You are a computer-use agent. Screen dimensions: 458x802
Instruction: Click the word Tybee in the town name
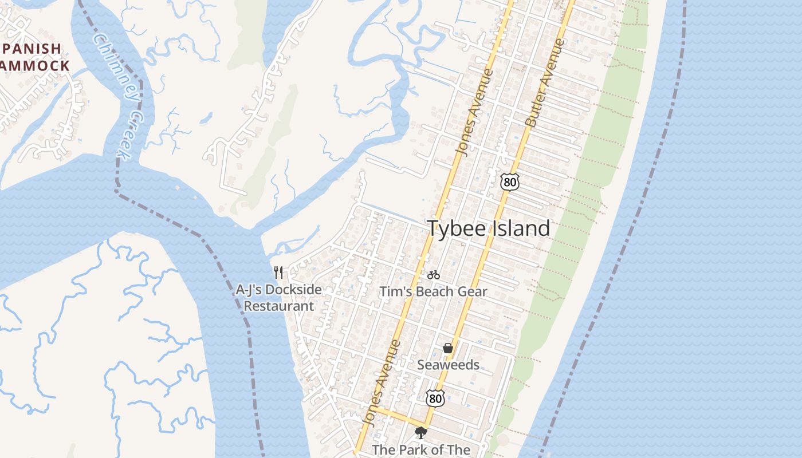point(454,228)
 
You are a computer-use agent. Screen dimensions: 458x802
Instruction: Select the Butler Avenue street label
point(544,83)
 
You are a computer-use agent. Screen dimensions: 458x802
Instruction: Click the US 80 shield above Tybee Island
point(509,182)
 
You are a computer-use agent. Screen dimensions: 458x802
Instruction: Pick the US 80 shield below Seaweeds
point(435,398)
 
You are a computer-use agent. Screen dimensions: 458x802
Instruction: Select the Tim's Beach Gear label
point(433,291)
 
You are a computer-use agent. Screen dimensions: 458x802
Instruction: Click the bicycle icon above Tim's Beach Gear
point(434,275)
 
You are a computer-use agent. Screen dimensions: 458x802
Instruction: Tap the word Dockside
point(294,290)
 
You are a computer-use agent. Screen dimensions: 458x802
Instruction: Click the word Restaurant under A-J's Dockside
point(279,306)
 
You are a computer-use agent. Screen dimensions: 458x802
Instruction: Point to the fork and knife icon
point(278,272)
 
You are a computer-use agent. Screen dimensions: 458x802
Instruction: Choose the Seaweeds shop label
point(448,365)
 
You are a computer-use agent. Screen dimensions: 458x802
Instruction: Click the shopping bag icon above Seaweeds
point(448,348)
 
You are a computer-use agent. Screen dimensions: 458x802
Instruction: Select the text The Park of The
point(421,450)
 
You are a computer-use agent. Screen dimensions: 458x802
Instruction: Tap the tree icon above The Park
point(421,433)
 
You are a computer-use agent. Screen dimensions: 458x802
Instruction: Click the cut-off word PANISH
point(31,49)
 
